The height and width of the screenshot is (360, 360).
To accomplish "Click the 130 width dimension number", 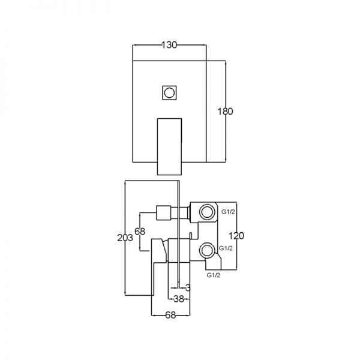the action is tap(169, 45).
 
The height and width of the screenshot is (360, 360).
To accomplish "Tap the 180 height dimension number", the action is tap(225, 112).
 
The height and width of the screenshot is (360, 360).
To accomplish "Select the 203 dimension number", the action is tap(125, 238).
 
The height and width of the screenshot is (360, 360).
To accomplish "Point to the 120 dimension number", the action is tap(236, 236).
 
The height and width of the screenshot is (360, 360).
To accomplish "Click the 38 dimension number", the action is tap(179, 299).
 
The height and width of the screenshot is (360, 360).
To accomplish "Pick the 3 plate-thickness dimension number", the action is tap(188, 287).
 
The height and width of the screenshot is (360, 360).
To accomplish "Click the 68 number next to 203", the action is tap(140, 231).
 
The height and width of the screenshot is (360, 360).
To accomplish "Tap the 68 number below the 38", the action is tap(170, 315).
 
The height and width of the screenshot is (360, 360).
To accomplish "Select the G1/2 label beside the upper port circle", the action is tap(228, 212).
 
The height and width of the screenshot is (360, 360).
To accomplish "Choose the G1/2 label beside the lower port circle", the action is tap(226, 248).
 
